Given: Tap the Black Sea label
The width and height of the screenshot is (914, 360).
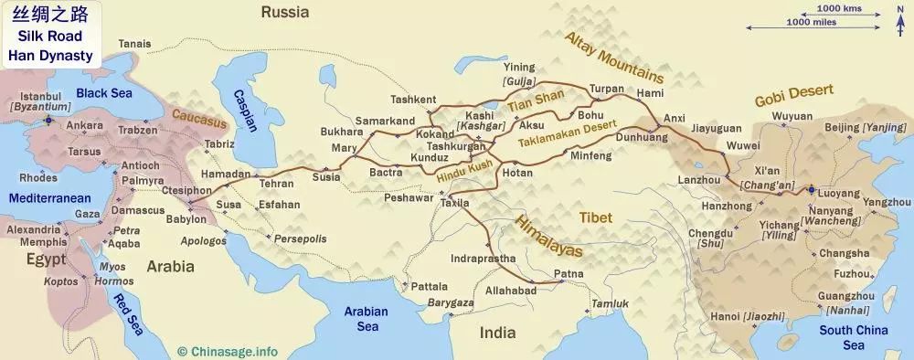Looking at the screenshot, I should (104, 93).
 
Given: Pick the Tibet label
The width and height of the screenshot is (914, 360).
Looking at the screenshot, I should (595, 217).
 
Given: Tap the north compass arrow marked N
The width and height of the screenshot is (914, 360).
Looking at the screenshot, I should (899, 18).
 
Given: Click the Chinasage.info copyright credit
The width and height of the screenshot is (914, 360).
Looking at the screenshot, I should (228, 350).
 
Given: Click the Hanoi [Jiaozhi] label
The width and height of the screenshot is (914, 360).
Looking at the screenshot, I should (739, 316).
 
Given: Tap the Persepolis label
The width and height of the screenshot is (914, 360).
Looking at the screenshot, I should (302, 238).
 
